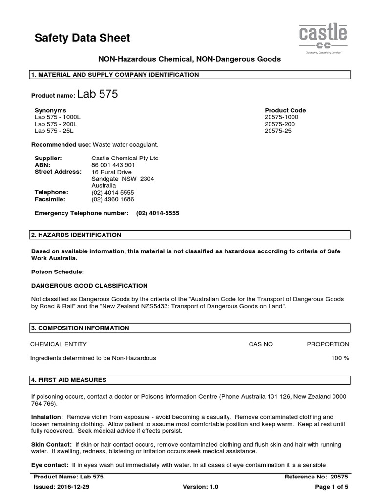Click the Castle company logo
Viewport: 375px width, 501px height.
click(323, 39)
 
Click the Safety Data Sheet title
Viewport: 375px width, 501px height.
click(83, 38)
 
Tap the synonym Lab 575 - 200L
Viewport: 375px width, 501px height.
click(56, 124)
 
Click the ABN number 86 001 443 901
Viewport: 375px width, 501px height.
click(113, 165)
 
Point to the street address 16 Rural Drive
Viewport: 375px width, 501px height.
click(112, 172)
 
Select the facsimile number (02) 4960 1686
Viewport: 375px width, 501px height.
click(113, 200)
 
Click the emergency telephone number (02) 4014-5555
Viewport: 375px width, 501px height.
click(154, 213)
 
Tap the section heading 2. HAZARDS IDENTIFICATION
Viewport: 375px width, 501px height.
click(76, 235)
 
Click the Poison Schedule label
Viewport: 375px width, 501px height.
click(58, 271)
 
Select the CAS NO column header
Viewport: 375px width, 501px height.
click(261, 344)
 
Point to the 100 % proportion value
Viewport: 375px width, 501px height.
click(340, 358)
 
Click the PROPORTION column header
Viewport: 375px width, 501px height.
click(328, 344)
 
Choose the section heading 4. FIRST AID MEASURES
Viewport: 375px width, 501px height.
click(69, 380)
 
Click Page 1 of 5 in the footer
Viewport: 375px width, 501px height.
click(332, 487)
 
